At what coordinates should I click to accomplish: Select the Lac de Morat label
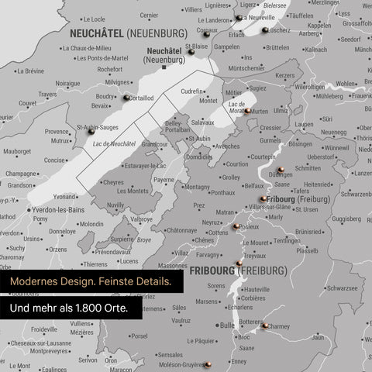tap(237, 105)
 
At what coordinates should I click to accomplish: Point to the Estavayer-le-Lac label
tap(146, 165)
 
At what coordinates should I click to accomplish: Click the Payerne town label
tap(164, 180)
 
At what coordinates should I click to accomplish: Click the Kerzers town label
tap(285, 75)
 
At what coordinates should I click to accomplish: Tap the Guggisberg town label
tap(346, 219)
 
